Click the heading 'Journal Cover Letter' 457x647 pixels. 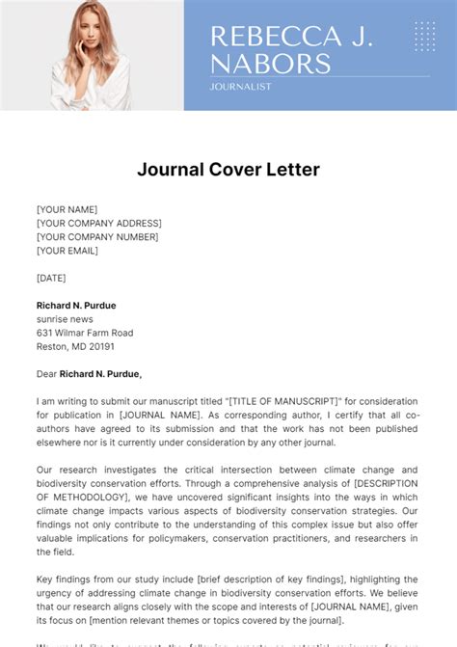point(228,170)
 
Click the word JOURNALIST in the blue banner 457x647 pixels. point(240,87)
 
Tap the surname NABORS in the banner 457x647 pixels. point(271,64)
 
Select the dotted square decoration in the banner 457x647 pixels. point(424,36)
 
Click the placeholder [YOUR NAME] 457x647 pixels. point(67,209)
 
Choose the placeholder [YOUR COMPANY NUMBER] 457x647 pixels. point(97,237)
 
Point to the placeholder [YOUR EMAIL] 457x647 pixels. point(67,251)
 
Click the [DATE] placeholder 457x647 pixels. point(51,278)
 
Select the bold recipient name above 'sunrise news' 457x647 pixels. point(76,306)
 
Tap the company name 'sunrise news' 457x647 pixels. point(65,319)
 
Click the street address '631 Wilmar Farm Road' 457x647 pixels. point(85,333)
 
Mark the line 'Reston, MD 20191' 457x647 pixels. point(75,346)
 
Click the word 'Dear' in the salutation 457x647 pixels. point(46,374)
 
